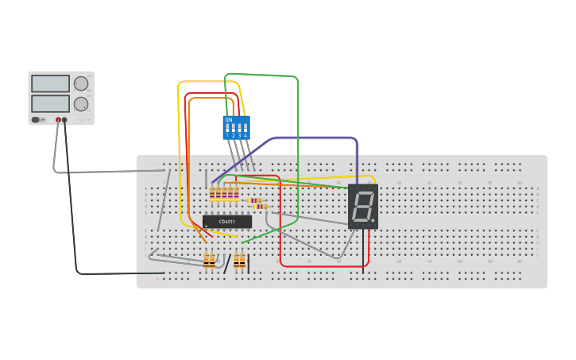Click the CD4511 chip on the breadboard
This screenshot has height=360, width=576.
227,222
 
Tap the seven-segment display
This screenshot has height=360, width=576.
363,207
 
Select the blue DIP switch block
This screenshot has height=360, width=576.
236,127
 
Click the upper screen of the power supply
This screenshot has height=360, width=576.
50,83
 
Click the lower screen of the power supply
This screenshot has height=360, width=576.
50,103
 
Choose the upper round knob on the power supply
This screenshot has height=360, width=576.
81,83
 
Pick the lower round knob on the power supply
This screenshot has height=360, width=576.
81,104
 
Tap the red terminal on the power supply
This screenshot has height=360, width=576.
58,120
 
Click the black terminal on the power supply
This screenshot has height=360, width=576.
65,120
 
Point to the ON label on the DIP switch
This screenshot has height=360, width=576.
229,120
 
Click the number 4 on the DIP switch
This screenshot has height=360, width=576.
245,136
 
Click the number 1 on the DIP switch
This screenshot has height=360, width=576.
227,136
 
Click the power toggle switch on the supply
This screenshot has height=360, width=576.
36,120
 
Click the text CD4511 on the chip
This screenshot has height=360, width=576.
227,222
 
